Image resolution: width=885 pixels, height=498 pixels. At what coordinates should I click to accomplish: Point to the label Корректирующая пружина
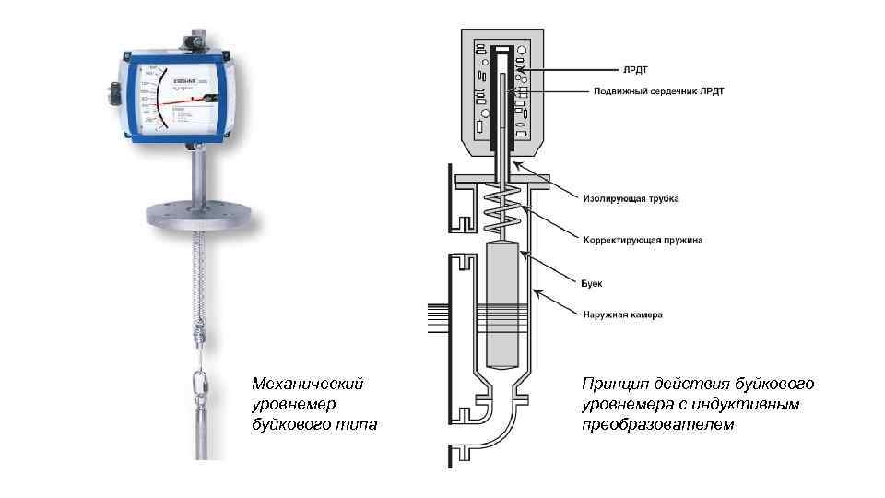tap(642, 240)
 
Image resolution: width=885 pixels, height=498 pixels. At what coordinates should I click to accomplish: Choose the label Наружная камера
tap(621, 314)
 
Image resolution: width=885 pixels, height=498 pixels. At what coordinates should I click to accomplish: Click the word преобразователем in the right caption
tap(658, 424)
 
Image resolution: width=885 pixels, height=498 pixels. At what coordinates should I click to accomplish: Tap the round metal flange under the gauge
tap(198, 216)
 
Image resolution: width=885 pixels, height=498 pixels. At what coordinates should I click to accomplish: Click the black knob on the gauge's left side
tap(115, 92)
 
